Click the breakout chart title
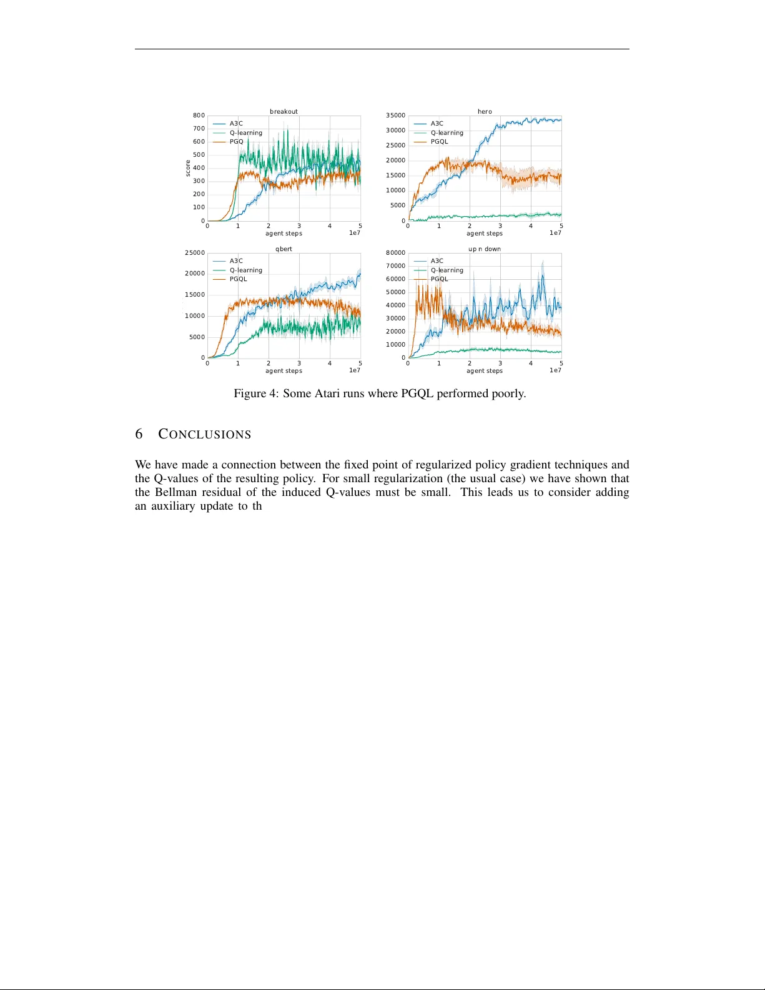(284, 111)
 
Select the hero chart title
(485, 111)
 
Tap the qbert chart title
(284, 249)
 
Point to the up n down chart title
(485, 249)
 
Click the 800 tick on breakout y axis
(199, 116)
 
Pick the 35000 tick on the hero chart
(395, 116)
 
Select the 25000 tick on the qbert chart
(195, 253)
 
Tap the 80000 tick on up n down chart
(395, 253)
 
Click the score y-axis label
(187, 168)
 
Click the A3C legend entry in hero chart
(437, 124)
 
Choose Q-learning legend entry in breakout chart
(245, 133)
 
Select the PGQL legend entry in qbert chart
(238, 279)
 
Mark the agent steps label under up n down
(485, 371)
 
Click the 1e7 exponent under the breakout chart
(355, 233)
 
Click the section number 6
(139, 434)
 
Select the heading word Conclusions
(204, 434)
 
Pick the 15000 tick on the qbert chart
(195, 295)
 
